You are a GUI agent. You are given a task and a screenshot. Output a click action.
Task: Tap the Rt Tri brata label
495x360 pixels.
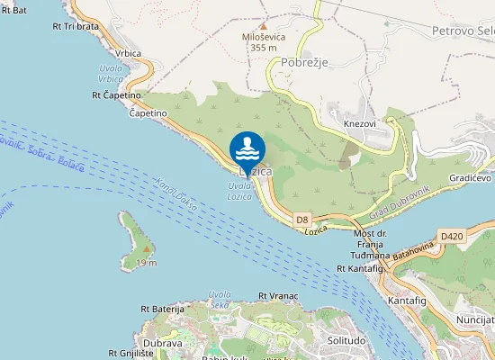[76, 26]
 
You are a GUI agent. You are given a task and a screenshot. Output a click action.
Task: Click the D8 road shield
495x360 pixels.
[302, 219]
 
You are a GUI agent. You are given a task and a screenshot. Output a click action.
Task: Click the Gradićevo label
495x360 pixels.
[470, 177]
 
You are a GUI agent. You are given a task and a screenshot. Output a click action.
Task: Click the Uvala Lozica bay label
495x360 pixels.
[238, 191]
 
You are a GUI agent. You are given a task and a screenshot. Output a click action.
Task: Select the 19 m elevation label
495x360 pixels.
[147, 262]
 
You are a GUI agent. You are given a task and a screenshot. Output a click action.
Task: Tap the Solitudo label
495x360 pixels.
[346, 340]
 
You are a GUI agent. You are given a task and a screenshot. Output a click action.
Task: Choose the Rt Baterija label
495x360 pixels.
[160, 309]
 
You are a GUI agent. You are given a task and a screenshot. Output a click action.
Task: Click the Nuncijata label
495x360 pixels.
[475, 319]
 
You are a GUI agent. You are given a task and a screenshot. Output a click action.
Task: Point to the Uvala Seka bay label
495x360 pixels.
[220, 300]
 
